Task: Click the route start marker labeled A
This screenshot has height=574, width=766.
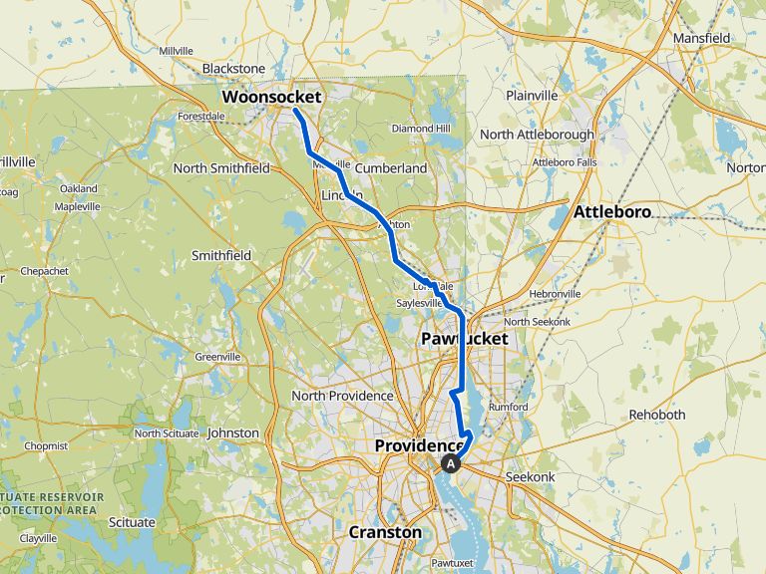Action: coord(451,462)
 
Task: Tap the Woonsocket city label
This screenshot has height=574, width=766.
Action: coord(271,98)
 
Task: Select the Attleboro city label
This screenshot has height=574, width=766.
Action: coord(611,212)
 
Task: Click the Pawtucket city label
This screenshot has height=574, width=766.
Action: coord(464,339)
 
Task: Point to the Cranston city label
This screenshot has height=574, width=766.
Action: coord(385,532)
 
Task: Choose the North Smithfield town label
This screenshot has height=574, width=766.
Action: coord(221,168)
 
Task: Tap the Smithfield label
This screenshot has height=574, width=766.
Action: coord(221,256)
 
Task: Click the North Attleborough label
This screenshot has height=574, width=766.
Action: coord(537,135)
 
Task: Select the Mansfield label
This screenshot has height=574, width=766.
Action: coord(701,39)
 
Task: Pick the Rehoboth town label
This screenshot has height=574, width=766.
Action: coord(657,415)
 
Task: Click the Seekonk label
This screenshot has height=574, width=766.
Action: coord(537,477)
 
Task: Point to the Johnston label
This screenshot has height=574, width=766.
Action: coord(233,433)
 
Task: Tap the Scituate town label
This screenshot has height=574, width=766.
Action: coord(133,522)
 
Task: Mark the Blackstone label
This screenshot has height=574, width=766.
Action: coord(233,69)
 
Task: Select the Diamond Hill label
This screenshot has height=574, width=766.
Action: coord(421,129)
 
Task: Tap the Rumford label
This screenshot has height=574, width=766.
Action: coord(509,406)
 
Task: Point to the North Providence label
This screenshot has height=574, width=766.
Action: coord(342,396)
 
